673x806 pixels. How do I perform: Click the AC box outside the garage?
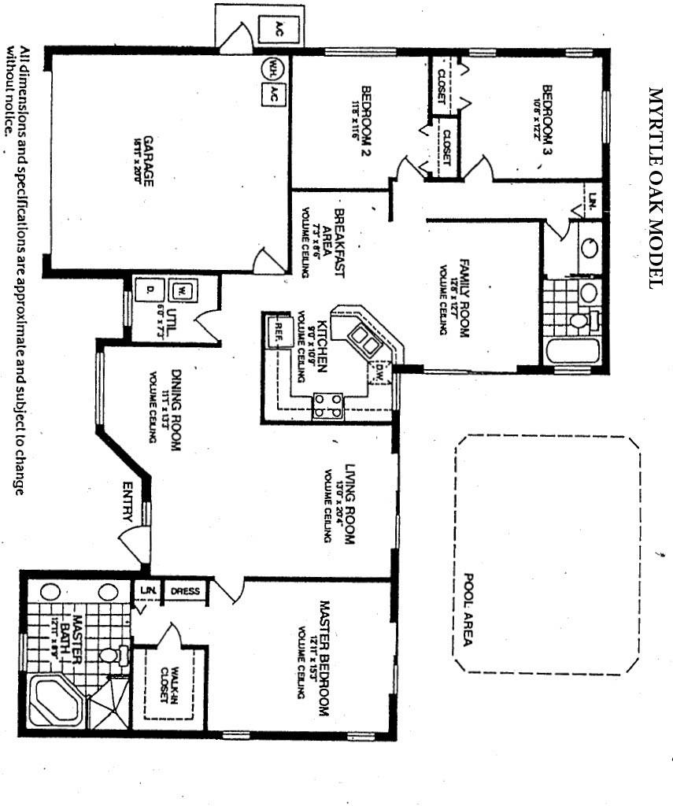(277, 29)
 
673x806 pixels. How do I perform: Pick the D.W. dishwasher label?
(381, 370)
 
